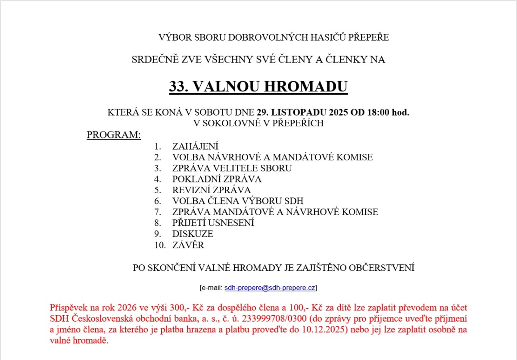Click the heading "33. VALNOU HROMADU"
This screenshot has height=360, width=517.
258,87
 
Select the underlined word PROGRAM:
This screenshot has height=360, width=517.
114,135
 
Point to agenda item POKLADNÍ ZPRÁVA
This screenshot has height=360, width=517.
217,179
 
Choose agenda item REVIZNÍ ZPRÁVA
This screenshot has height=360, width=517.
212,190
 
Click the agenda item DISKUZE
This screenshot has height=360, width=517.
193,234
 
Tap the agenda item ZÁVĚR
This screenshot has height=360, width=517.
188,245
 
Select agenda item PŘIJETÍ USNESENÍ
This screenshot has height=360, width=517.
213,223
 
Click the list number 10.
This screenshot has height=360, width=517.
159,245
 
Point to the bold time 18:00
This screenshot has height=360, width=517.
378,113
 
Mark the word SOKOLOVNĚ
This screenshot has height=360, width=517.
233,123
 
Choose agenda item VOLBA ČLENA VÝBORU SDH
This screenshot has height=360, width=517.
238,201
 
